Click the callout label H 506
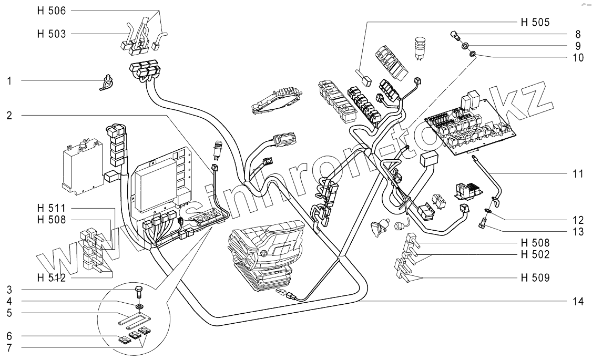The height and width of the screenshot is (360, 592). (x=52, y=11)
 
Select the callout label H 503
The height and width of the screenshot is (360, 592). (x=52, y=34)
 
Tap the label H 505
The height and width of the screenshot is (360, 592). (x=535, y=22)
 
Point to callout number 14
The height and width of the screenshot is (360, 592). (x=578, y=302)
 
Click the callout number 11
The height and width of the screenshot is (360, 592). (x=578, y=174)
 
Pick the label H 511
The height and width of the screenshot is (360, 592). (x=52, y=208)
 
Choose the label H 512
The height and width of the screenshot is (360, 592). (x=52, y=278)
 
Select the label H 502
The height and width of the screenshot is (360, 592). (x=535, y=255)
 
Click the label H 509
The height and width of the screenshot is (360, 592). (x=535, y=278)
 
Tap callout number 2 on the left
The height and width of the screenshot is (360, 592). (x=9, y=116)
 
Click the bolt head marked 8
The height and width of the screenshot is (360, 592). (x=455, y=36)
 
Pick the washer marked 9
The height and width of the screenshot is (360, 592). (x=465, y=46)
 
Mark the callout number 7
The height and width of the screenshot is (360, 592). (x=9, y=347)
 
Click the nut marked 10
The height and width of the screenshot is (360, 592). (x=472, y=55)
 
